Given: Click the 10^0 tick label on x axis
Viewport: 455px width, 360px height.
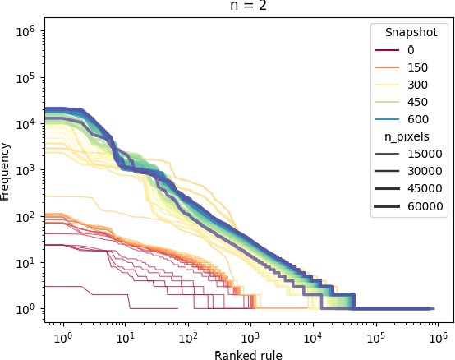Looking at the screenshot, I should [x=63, y=338].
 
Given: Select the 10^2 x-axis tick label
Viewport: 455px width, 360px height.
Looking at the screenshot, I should [x=188, y=338].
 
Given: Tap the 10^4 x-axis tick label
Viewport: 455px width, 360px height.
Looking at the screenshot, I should [x=313, y=338].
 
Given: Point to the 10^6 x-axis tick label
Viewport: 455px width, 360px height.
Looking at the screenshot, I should [x=438, y=338].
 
